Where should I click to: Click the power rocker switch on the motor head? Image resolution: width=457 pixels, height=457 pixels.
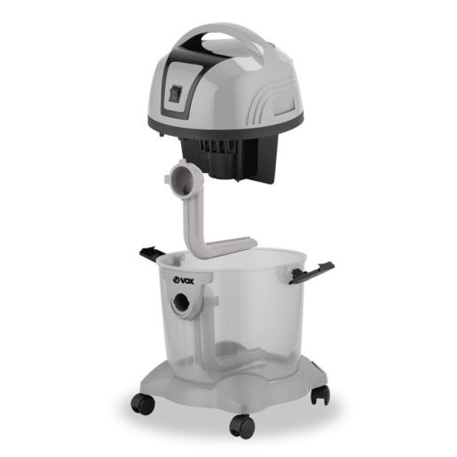[x=175, y=94]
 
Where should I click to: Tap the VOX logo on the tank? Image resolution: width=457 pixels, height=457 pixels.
[x=183, y=280]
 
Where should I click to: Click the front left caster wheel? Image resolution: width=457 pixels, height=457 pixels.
[x=143, y=404]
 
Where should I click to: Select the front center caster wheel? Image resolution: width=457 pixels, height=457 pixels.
[x=241, y=426]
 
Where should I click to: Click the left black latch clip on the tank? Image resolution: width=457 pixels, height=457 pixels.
[x=152, y=253]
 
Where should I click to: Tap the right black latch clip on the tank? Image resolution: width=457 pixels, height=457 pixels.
[x=311, y=272]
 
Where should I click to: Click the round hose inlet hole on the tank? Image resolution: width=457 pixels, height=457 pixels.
[x=182, y=303]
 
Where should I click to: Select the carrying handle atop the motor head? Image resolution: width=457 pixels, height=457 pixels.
[x=229, y=37]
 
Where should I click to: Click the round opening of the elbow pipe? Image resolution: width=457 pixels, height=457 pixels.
[x=182, y=179]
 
